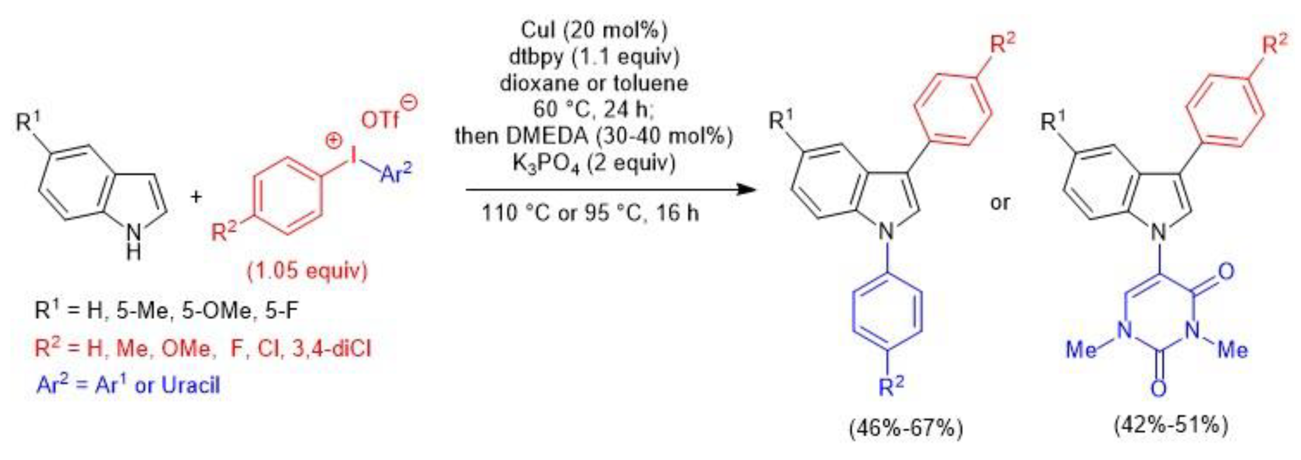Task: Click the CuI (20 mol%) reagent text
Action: pos(594,30)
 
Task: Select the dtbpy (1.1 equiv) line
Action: pos(594,56)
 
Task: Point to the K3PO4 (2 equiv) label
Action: pos(594,163)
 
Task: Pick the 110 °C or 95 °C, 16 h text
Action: pos(590,213)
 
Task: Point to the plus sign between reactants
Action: pos(196,197)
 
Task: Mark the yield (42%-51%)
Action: pos(1171,425)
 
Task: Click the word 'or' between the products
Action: pos(1000,202)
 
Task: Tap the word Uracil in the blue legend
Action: pos(191,386)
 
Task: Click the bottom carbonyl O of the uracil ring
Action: pos(1159,389)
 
